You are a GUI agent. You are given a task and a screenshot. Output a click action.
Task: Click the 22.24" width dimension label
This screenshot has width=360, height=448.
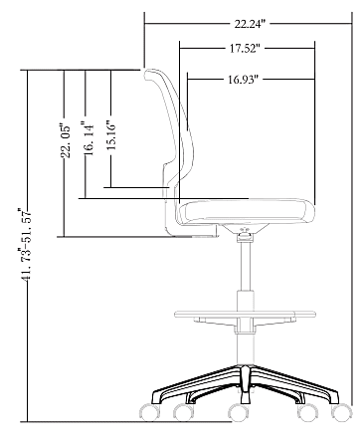click(251, 24)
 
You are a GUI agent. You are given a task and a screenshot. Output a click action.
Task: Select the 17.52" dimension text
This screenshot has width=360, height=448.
click(245, 49)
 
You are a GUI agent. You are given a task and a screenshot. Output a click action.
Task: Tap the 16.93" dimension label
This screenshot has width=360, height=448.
click(243, 80)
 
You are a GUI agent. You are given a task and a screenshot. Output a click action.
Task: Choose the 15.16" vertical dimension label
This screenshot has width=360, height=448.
click(112, 133)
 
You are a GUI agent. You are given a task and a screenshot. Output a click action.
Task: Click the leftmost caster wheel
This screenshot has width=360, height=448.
click(149, 412)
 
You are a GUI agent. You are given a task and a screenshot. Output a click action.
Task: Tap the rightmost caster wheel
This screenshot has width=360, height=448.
click(342, 412)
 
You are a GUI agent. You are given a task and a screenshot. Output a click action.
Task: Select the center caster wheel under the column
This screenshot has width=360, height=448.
click(239, 413)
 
